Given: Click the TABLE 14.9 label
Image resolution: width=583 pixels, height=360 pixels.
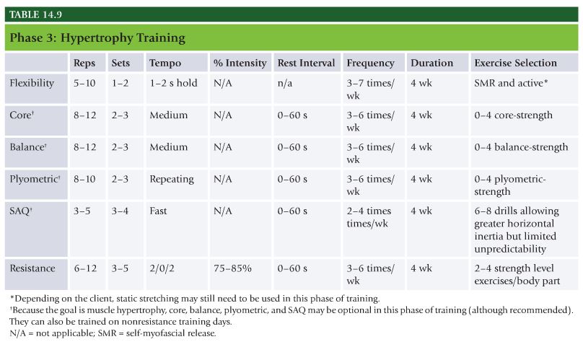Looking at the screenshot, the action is (x=35, y=14).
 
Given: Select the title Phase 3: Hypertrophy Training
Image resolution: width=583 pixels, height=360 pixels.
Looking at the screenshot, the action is (x=97, y=38).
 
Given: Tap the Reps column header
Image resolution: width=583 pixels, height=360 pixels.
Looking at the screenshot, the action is (x=84, y=63).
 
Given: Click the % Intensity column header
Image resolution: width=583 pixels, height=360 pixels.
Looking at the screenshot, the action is (x=240, y=63).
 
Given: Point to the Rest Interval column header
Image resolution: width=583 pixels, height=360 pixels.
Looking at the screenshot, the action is (x=306, y=63).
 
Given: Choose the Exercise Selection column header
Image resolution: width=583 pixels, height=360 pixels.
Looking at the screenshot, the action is (x=515, y=63).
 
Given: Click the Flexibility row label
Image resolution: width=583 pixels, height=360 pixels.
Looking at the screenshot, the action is (x=32, y=83).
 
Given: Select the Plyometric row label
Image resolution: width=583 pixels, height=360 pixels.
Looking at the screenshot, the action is (x=35, y=179).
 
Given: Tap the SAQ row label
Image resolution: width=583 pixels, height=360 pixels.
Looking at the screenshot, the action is (x=21, y=211).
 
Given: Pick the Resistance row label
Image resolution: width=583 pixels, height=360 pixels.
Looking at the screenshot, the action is (x=32, y=268).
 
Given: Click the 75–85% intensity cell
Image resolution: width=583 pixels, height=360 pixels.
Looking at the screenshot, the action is (x=232, y=268).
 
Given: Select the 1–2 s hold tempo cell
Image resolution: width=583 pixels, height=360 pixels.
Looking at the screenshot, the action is (x=173, y=83).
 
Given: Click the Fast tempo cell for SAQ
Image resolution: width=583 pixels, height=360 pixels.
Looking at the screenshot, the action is (x=158, y=211).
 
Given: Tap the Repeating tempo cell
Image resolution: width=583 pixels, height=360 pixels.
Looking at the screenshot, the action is (x=172, y=179).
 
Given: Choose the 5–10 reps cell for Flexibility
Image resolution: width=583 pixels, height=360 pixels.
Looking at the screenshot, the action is (x=84, y=83).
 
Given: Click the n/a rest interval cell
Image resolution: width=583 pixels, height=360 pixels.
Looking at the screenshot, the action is (x=285, y=83).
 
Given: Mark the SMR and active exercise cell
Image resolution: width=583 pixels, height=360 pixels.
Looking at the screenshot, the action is (x=511, y=83).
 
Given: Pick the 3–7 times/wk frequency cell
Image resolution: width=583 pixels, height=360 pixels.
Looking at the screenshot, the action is (x=370, y=89).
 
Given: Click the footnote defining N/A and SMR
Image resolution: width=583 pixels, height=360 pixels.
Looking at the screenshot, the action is (x=113, y=333).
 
